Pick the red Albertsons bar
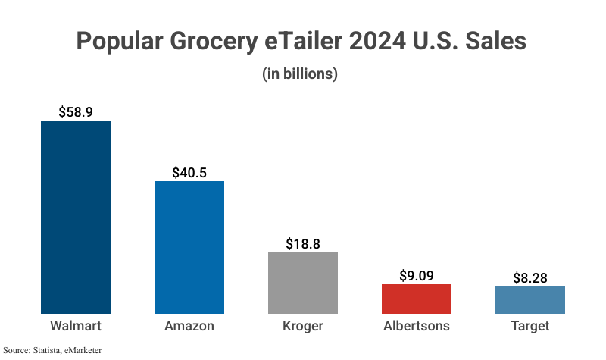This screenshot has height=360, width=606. (x=417, y=299)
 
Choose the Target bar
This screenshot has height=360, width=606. (x=530, y=300)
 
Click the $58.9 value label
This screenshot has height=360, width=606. (x=76, y=111)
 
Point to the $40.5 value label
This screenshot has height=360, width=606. (x=189, y=172)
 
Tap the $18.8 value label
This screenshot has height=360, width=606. (x=303, y=243)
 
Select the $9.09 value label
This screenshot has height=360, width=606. (x=417, y=275)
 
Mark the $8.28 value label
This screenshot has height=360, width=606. (x=530, y=277)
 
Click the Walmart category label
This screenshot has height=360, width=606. (x=76, y=327)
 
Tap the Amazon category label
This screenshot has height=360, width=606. (x=189, y=327)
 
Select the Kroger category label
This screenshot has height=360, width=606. (x=303, y=327)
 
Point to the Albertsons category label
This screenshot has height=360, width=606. (x=417, y=327)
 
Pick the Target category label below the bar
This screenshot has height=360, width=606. (x=530, y=327)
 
